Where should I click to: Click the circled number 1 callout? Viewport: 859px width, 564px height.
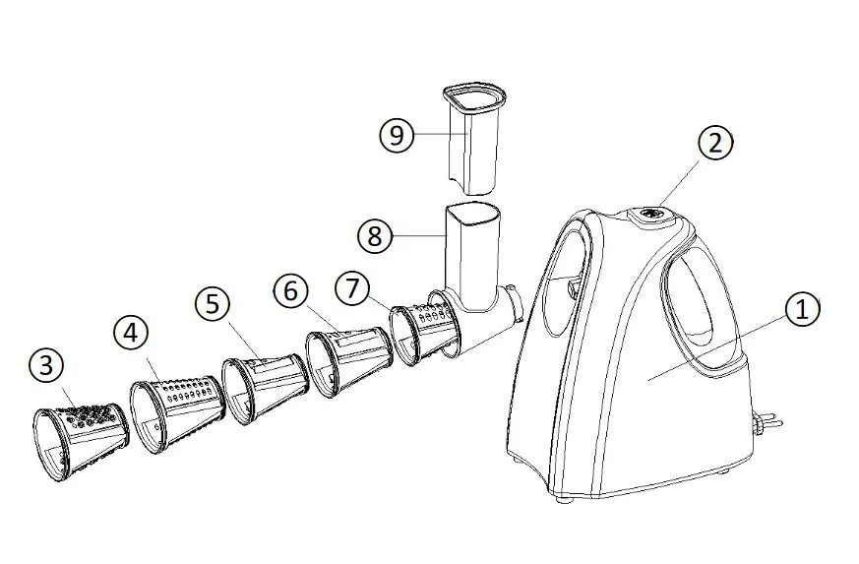click(803, 310)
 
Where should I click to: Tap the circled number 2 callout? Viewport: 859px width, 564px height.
click(715, 143)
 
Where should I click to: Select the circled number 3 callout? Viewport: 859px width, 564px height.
click(46, 365)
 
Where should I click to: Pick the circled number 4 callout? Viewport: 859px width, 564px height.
click(131, 334)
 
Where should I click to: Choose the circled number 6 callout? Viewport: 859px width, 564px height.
click(290, 290)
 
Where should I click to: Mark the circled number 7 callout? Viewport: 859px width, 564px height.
click(352, 287)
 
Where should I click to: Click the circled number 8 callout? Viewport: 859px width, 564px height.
click(375, 236)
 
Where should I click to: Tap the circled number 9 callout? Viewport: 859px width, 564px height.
click(397, 134)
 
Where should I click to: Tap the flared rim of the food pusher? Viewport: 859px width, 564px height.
click(475, 94)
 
